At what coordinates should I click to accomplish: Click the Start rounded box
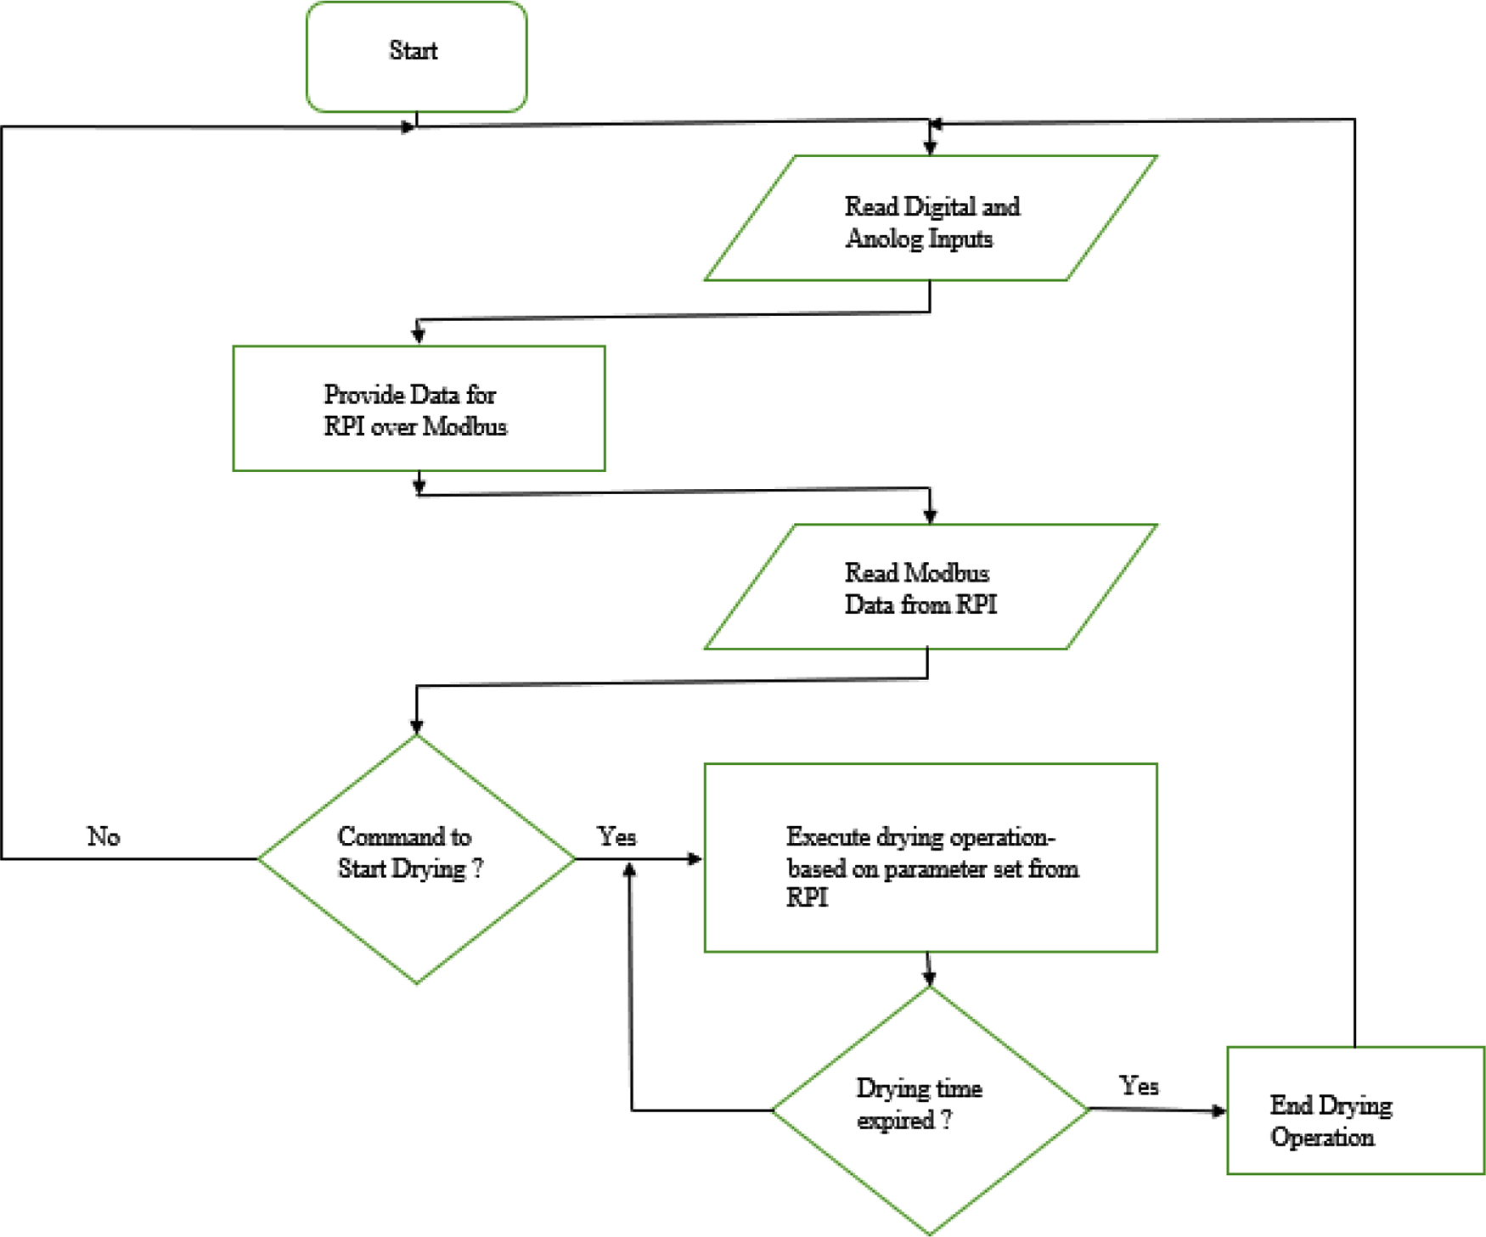[416, 56]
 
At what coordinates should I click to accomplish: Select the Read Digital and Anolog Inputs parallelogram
[931, 218]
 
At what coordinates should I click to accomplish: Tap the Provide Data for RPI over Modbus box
[419, 408]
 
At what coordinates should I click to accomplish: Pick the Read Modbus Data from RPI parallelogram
[931, 587]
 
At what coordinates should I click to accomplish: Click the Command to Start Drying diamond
[416, 858]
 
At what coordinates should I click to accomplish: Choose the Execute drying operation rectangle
[931, 857]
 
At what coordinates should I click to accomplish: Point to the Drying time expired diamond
[930, 1110]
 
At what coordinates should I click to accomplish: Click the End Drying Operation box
[1355, 1110]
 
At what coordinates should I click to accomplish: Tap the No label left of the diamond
[104, 837]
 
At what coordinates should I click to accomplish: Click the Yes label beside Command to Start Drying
[616, 837]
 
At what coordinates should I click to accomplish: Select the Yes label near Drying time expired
[1139, 1086]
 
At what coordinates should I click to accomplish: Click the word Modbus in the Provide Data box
[464, 426]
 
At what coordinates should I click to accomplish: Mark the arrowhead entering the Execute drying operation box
[695, 859]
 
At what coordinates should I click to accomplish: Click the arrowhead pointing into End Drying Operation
[1219, 1110]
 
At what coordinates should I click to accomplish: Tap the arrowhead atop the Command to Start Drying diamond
[417, 726]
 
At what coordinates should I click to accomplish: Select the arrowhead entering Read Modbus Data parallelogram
[930, 515]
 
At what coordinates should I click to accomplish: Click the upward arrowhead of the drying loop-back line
[630, 871]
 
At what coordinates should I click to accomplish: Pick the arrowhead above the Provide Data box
[419, 335]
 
